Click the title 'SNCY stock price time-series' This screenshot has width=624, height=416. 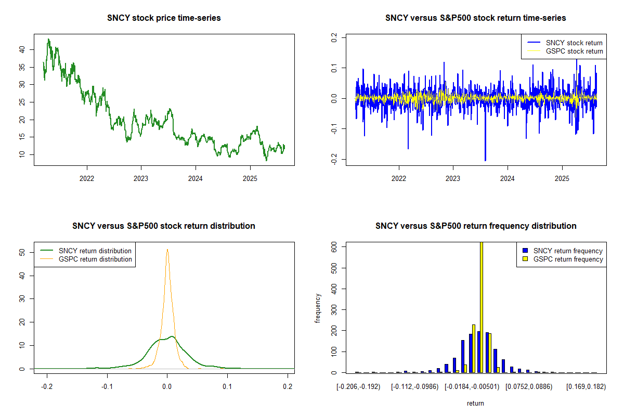[x=164, y=18]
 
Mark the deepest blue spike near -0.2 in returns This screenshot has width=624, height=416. [x=485, y=160]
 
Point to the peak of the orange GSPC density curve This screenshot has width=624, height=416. [x=167, y=249]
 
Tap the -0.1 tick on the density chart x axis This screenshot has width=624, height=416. [x=107, y=386]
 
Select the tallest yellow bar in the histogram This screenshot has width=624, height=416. [x=482, y=307]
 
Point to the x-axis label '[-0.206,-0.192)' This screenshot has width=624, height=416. [x=358, y=386]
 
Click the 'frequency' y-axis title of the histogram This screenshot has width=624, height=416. [x=318, y=308]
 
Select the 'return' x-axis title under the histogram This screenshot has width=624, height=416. [x=475, y=403]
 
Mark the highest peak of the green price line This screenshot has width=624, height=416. [x=48, y=39]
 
